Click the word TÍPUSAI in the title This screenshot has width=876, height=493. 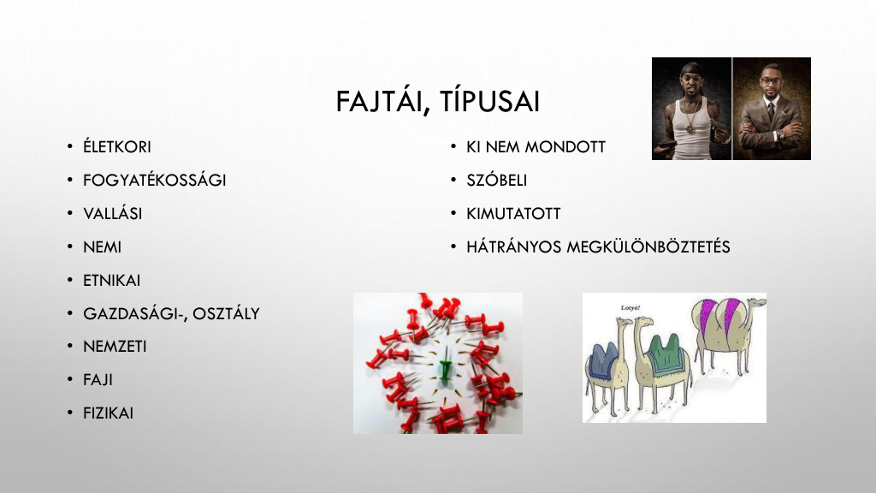490,101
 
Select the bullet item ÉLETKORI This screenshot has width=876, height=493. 116,146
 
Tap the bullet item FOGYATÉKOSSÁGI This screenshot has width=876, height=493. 154,180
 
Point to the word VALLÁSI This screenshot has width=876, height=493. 112,213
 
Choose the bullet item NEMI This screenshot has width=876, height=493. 102,247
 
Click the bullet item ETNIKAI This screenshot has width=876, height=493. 111,280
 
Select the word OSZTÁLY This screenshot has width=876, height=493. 226,313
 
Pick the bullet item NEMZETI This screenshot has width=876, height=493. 115,347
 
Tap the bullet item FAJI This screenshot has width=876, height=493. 98,379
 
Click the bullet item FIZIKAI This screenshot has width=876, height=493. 108,413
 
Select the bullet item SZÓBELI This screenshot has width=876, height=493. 497,180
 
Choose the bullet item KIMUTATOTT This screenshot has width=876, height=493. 513,213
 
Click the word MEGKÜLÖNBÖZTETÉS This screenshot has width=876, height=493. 648,246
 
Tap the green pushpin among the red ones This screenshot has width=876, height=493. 445,370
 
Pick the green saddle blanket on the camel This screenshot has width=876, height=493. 667,350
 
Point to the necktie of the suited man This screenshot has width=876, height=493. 771,110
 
